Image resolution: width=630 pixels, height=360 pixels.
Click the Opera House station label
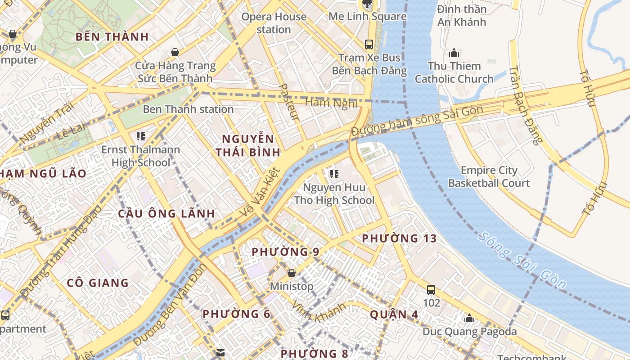(274, 23)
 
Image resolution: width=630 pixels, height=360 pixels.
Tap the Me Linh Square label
(367, 17)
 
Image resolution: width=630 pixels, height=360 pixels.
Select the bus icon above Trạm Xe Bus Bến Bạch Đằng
(369, 44)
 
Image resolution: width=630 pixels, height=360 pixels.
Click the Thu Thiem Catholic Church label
(454, 72)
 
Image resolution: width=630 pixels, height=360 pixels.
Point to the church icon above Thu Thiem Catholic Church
(454, 53)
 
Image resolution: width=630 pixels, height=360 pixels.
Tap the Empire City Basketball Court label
(489, 176)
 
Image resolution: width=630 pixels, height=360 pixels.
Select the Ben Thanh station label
(188, 109)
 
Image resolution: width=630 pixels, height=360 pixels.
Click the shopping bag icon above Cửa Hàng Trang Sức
(175, 52)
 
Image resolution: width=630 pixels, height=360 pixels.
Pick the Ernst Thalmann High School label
(140, 156)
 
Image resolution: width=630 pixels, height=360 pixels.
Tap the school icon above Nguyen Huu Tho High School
(334, 173)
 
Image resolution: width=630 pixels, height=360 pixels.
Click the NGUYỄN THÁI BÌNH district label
(247, 145)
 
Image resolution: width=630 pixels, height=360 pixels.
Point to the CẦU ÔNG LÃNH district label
(166, 213)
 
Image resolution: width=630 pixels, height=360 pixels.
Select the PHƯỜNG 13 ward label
(399, 238)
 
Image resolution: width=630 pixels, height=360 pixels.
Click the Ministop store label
(292, 286)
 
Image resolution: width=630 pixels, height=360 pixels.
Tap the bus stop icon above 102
(431, 289)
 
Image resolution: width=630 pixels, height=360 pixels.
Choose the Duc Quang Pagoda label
(469, 332)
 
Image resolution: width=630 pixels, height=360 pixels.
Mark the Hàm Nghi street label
(331, 103)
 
